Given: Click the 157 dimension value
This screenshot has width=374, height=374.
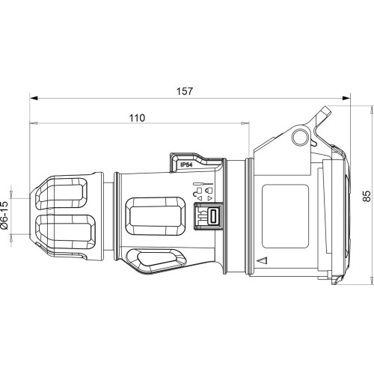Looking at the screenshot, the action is (x=185, y=91).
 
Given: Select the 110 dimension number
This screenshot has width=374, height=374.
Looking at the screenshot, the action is (x=137, y=118).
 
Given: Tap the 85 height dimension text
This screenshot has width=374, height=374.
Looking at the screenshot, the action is (x=367, y=196).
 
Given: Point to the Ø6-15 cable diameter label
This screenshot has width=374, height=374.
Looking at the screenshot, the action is (x=4, y=215).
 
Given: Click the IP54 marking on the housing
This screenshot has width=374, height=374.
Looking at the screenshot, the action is (x=186, y=165).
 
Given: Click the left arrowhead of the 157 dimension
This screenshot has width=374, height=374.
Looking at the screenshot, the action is (x=34, y=98).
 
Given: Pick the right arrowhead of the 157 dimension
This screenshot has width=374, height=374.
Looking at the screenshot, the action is (x=346, y=98).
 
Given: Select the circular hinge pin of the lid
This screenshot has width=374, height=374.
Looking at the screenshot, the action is (x=301, y=138).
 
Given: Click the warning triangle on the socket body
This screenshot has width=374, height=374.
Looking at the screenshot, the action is (x=263, y=260).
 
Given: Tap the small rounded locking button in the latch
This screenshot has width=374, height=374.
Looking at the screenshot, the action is (x=213, y=215).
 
